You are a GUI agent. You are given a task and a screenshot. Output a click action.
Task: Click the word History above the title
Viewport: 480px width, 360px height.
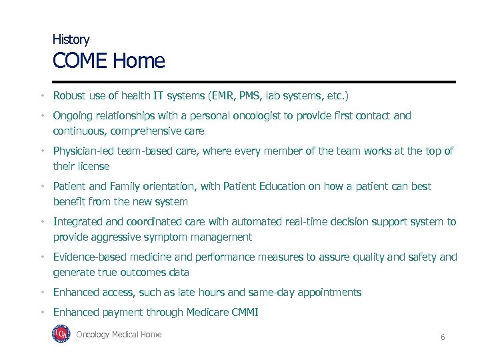click(x=71, y=40)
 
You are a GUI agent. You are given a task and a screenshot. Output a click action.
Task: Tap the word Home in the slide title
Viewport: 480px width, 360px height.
click(x=139, y=61)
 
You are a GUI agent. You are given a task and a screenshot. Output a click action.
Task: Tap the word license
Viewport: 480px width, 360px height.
click(x=93, y=166)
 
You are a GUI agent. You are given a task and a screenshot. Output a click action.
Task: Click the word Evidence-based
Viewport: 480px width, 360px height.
click(x=91, y=257)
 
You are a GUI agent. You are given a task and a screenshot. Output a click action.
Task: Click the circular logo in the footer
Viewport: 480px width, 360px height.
click(x=61, y=335)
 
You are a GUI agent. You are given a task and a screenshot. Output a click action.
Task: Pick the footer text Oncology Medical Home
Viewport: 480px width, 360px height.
click(x=119, y=335)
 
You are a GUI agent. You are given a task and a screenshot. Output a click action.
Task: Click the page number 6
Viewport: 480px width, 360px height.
click(x=442, y=337)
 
